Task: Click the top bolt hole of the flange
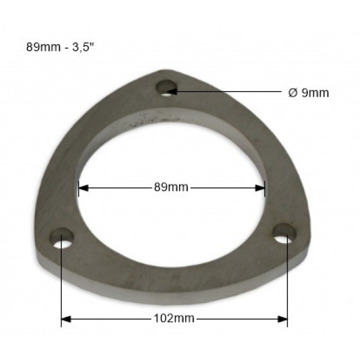[166, 88]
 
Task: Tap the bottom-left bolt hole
[62, 239]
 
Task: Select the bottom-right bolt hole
[284, 233]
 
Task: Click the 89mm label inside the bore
[171, 187]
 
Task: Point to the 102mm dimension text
[174, 319]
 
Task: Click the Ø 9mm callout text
[308, 93]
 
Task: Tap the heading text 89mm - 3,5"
[60, 47]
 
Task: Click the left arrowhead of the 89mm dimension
[83, 188]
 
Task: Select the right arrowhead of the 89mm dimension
[260, 188]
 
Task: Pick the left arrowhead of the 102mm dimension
[66, 319]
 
